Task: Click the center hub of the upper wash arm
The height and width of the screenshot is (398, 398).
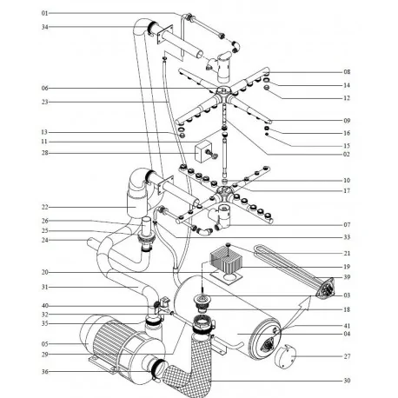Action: [x=222, y=91]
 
